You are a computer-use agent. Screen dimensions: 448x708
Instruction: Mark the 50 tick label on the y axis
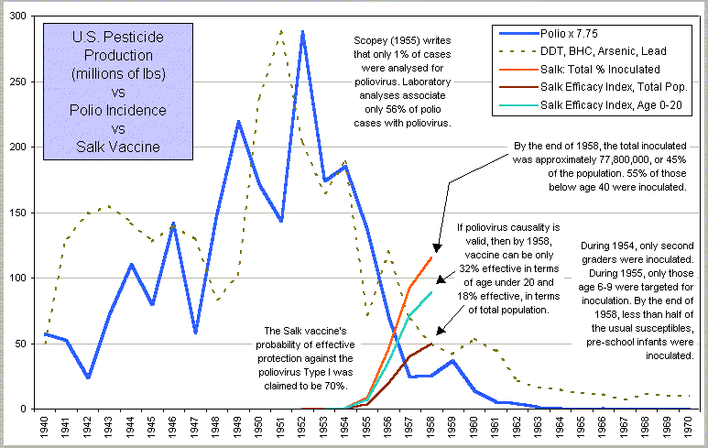coord(27,344)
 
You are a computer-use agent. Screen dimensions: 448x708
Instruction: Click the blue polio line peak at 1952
coord(302,31)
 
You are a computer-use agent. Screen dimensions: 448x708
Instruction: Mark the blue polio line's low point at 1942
coord(89,377)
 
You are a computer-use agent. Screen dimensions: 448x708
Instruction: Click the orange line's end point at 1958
coord(430,257)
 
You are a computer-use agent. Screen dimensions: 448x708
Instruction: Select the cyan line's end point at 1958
coord(430,292)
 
